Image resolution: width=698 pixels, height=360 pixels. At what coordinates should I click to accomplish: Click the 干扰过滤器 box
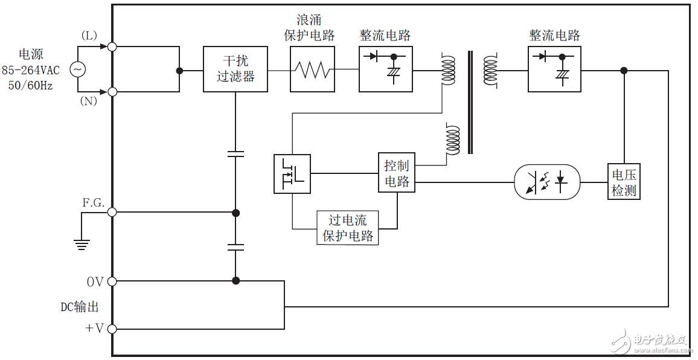[235, 69]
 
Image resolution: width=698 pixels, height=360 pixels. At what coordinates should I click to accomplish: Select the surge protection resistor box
[312, 71]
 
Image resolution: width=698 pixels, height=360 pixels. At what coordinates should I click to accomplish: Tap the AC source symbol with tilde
[78, 69]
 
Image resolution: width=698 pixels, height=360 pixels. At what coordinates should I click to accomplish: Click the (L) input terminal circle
[112, 47]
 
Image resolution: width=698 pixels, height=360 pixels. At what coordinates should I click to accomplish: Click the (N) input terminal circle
[112, 92]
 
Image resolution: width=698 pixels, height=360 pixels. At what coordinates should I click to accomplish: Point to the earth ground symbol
[82, 243]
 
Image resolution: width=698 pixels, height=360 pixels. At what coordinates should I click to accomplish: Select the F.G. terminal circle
[112, 213]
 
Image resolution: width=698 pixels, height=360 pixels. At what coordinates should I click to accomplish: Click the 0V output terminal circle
[112, 281]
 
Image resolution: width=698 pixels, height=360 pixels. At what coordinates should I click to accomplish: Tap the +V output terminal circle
[112, 329]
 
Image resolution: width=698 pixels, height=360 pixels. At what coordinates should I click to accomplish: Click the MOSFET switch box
[292, 174]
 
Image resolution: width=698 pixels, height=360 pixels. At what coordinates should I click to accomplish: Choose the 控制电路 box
[397, 173]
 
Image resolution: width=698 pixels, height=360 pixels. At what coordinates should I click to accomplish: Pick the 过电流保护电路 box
[348, 227]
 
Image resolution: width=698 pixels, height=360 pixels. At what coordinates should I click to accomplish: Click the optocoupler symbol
[547, 181]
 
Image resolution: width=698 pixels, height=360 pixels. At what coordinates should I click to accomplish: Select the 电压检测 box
[624, 182]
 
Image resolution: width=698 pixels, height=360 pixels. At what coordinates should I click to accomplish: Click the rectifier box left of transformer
[386, 69]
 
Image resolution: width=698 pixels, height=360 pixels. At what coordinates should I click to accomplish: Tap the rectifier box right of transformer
[555, 69]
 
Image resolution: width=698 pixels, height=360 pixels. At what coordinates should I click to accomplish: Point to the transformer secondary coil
[490, 69]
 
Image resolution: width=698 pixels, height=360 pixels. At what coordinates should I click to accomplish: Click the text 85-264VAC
[30, 71]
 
